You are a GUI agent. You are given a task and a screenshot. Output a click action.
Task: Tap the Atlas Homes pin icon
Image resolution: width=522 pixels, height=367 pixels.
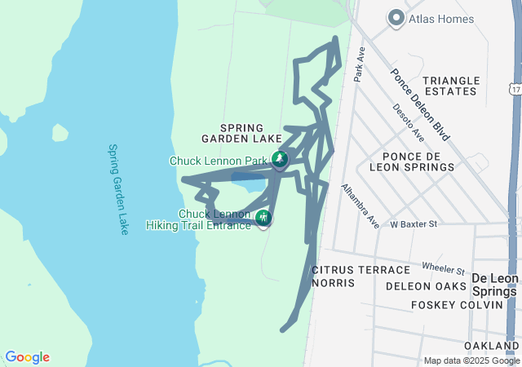pyautogui.click(x=396, y=17)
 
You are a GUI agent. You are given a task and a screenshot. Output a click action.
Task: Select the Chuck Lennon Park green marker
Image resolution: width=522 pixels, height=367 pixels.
pyautogui.click(x=280, y=159)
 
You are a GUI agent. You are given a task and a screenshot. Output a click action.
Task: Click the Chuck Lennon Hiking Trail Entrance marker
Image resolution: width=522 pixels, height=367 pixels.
pyautogui.click(x=263, y=218)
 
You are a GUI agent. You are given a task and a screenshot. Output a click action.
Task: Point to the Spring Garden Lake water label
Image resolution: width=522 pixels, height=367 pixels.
pyautogui.click(x=118, y=189)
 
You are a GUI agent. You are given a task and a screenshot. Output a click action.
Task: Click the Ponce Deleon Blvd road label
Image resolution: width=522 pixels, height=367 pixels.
pyautogui.click(x=421, y=102)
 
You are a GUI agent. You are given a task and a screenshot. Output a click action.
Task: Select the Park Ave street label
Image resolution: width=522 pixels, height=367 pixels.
pyautogui.click(x=359, y=64)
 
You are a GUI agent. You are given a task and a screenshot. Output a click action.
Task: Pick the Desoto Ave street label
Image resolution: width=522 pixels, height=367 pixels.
pyautogui.click(x=408, y=121)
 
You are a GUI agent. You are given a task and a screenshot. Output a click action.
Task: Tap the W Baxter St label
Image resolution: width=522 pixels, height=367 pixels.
pyautogui.click(x=414, y=223)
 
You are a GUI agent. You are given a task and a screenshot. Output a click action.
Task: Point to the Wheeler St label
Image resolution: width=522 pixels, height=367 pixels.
pyautogui.click(x=443, y=268)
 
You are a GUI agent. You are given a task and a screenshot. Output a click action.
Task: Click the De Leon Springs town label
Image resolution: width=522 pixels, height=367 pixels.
pyautogui.click(x=493, y=285)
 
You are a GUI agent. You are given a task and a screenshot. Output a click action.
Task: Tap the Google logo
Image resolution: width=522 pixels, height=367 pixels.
pyautogui.click(x=27, y=357)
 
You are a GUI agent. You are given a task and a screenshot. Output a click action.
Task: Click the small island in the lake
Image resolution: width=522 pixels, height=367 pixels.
pyautogui.click(x=60, y=132)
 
